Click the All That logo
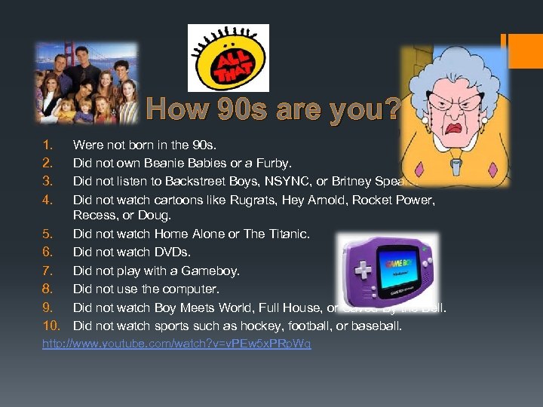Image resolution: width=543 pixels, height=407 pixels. click(228, 58)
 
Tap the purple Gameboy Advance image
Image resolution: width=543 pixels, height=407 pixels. click(387, 270)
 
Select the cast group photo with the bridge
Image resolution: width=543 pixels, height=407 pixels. click(87, 83)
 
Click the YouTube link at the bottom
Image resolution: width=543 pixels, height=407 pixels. click(176, 344)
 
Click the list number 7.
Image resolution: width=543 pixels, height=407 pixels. click(47, 271)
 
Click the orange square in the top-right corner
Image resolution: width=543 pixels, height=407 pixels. click(526, 50)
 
